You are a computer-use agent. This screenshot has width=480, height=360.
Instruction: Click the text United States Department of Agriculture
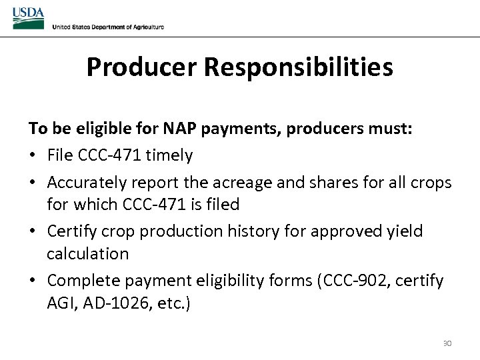coord(108,27)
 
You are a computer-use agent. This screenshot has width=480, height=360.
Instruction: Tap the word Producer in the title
coord(142,67)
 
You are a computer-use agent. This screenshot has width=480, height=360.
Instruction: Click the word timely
coord(169,155)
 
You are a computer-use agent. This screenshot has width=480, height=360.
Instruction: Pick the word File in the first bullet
coord(61,155)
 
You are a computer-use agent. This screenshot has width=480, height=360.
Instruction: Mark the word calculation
coord(87,254)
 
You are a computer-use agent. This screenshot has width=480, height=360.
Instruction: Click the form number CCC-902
coord(354,281)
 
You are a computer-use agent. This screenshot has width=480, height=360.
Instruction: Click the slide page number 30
coord(447,343)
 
